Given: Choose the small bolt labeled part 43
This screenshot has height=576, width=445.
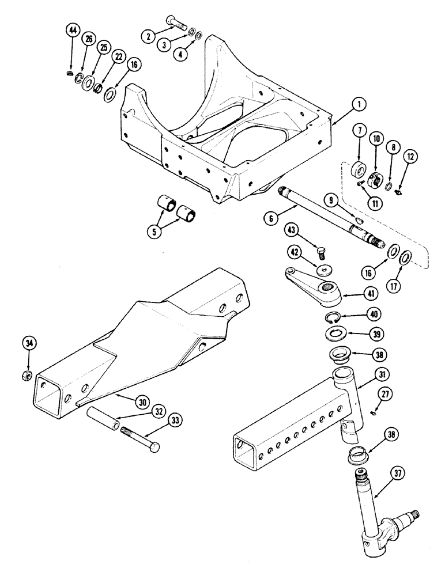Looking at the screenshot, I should click(322, 251).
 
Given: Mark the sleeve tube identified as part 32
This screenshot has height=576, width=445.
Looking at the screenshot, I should click(103, 416).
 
